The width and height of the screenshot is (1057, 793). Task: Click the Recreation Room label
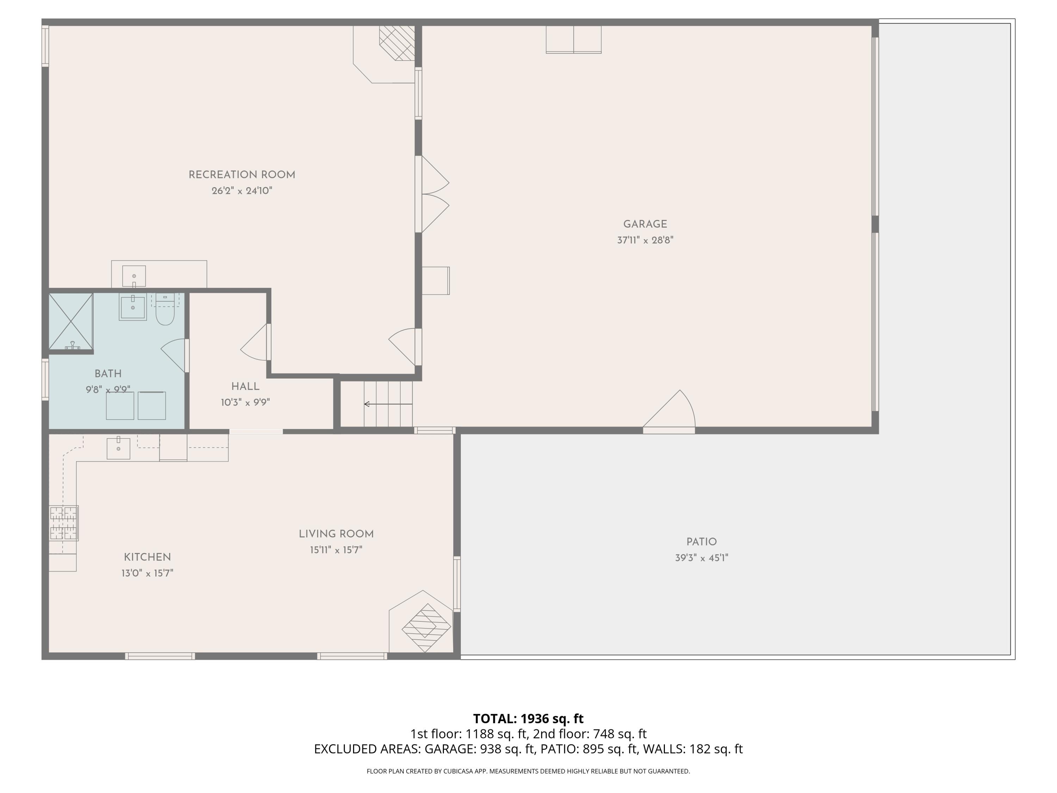(x=242, y=175)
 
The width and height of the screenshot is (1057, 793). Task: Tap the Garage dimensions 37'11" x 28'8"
(x=645, y=240)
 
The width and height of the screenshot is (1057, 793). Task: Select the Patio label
(x=701, y=542)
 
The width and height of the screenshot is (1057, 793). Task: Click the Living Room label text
(x=336, y=534)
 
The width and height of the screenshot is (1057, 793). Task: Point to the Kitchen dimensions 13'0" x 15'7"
(x=147, y=573)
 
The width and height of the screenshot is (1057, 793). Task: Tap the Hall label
(x=245, y=387)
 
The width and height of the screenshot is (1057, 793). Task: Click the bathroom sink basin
(x=133, y=307)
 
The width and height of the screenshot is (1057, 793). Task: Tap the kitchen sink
(x=118, y=448)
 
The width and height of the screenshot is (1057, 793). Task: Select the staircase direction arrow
(x=388, y=404)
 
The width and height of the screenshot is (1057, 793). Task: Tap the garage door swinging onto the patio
(x=669, y=411)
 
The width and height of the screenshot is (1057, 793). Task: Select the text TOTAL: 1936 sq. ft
(x=528, y=718)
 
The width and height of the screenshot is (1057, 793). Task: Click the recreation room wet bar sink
(x=134, y=276)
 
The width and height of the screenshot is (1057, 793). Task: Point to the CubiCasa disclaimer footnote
(x=528, y=771)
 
